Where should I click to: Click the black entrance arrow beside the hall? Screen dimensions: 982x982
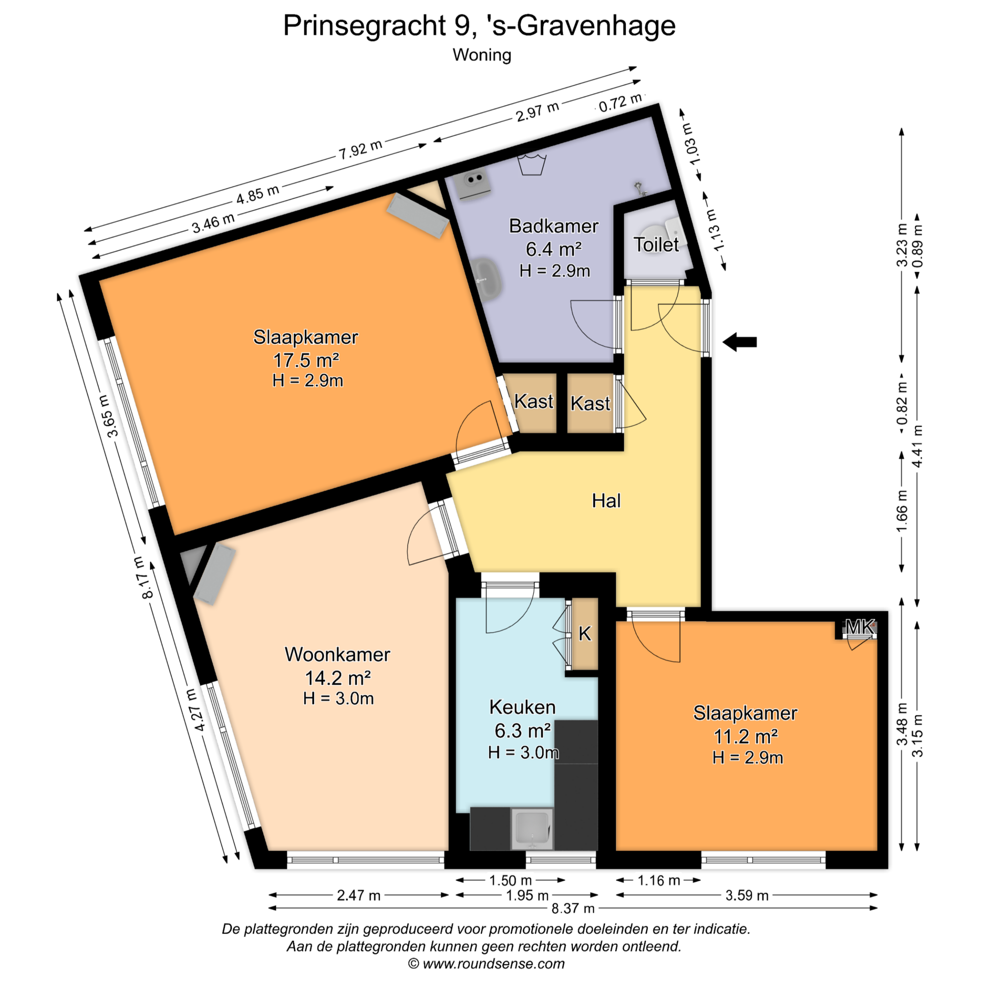click(740, 342)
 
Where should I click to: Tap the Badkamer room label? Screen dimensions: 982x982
click(553, 226)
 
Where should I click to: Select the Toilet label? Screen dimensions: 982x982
click(656, 244)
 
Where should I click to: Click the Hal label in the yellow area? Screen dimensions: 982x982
click(606, 501)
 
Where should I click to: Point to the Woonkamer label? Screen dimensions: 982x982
click(338, 655)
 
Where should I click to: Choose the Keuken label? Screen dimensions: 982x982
click(522, 707)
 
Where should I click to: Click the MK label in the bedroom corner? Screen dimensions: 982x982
click(860, 626)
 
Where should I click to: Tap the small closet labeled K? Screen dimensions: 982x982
click(585, 634)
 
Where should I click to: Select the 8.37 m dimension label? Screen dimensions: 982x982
click(573, 908)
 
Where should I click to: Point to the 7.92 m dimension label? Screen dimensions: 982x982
click(361, 149)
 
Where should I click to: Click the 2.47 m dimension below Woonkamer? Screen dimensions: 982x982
click(359, 895)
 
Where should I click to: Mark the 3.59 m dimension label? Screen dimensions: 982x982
click(747, 895)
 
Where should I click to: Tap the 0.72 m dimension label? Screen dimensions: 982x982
click(620, 102)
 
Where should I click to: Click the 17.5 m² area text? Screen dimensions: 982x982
click(306, 360)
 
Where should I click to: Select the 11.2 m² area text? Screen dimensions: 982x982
click(746, 736)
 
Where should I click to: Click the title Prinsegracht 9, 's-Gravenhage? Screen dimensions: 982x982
click(479, 26)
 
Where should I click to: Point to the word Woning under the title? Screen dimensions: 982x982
click(482, 55)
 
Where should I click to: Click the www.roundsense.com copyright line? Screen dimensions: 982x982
click(486, 964)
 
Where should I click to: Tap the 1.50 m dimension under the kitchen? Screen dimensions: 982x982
click(510, 880)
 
